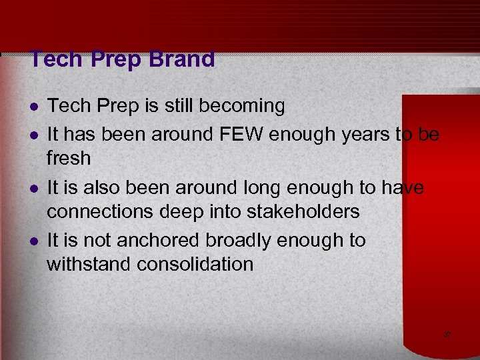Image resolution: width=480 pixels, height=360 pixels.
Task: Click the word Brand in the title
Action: (x=183, y=59)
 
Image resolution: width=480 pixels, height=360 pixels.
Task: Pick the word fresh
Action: (x=68, y=159)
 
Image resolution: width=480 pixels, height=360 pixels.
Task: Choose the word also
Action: (x=110, y=187)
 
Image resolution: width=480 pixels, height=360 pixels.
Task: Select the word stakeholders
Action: (x=303, y=212)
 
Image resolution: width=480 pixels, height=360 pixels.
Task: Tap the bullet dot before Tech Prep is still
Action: (x=33, y=107)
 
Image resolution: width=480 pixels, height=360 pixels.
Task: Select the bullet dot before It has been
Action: (x=33, y=135)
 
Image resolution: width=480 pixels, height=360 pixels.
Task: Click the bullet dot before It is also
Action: (x=33, y=189)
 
